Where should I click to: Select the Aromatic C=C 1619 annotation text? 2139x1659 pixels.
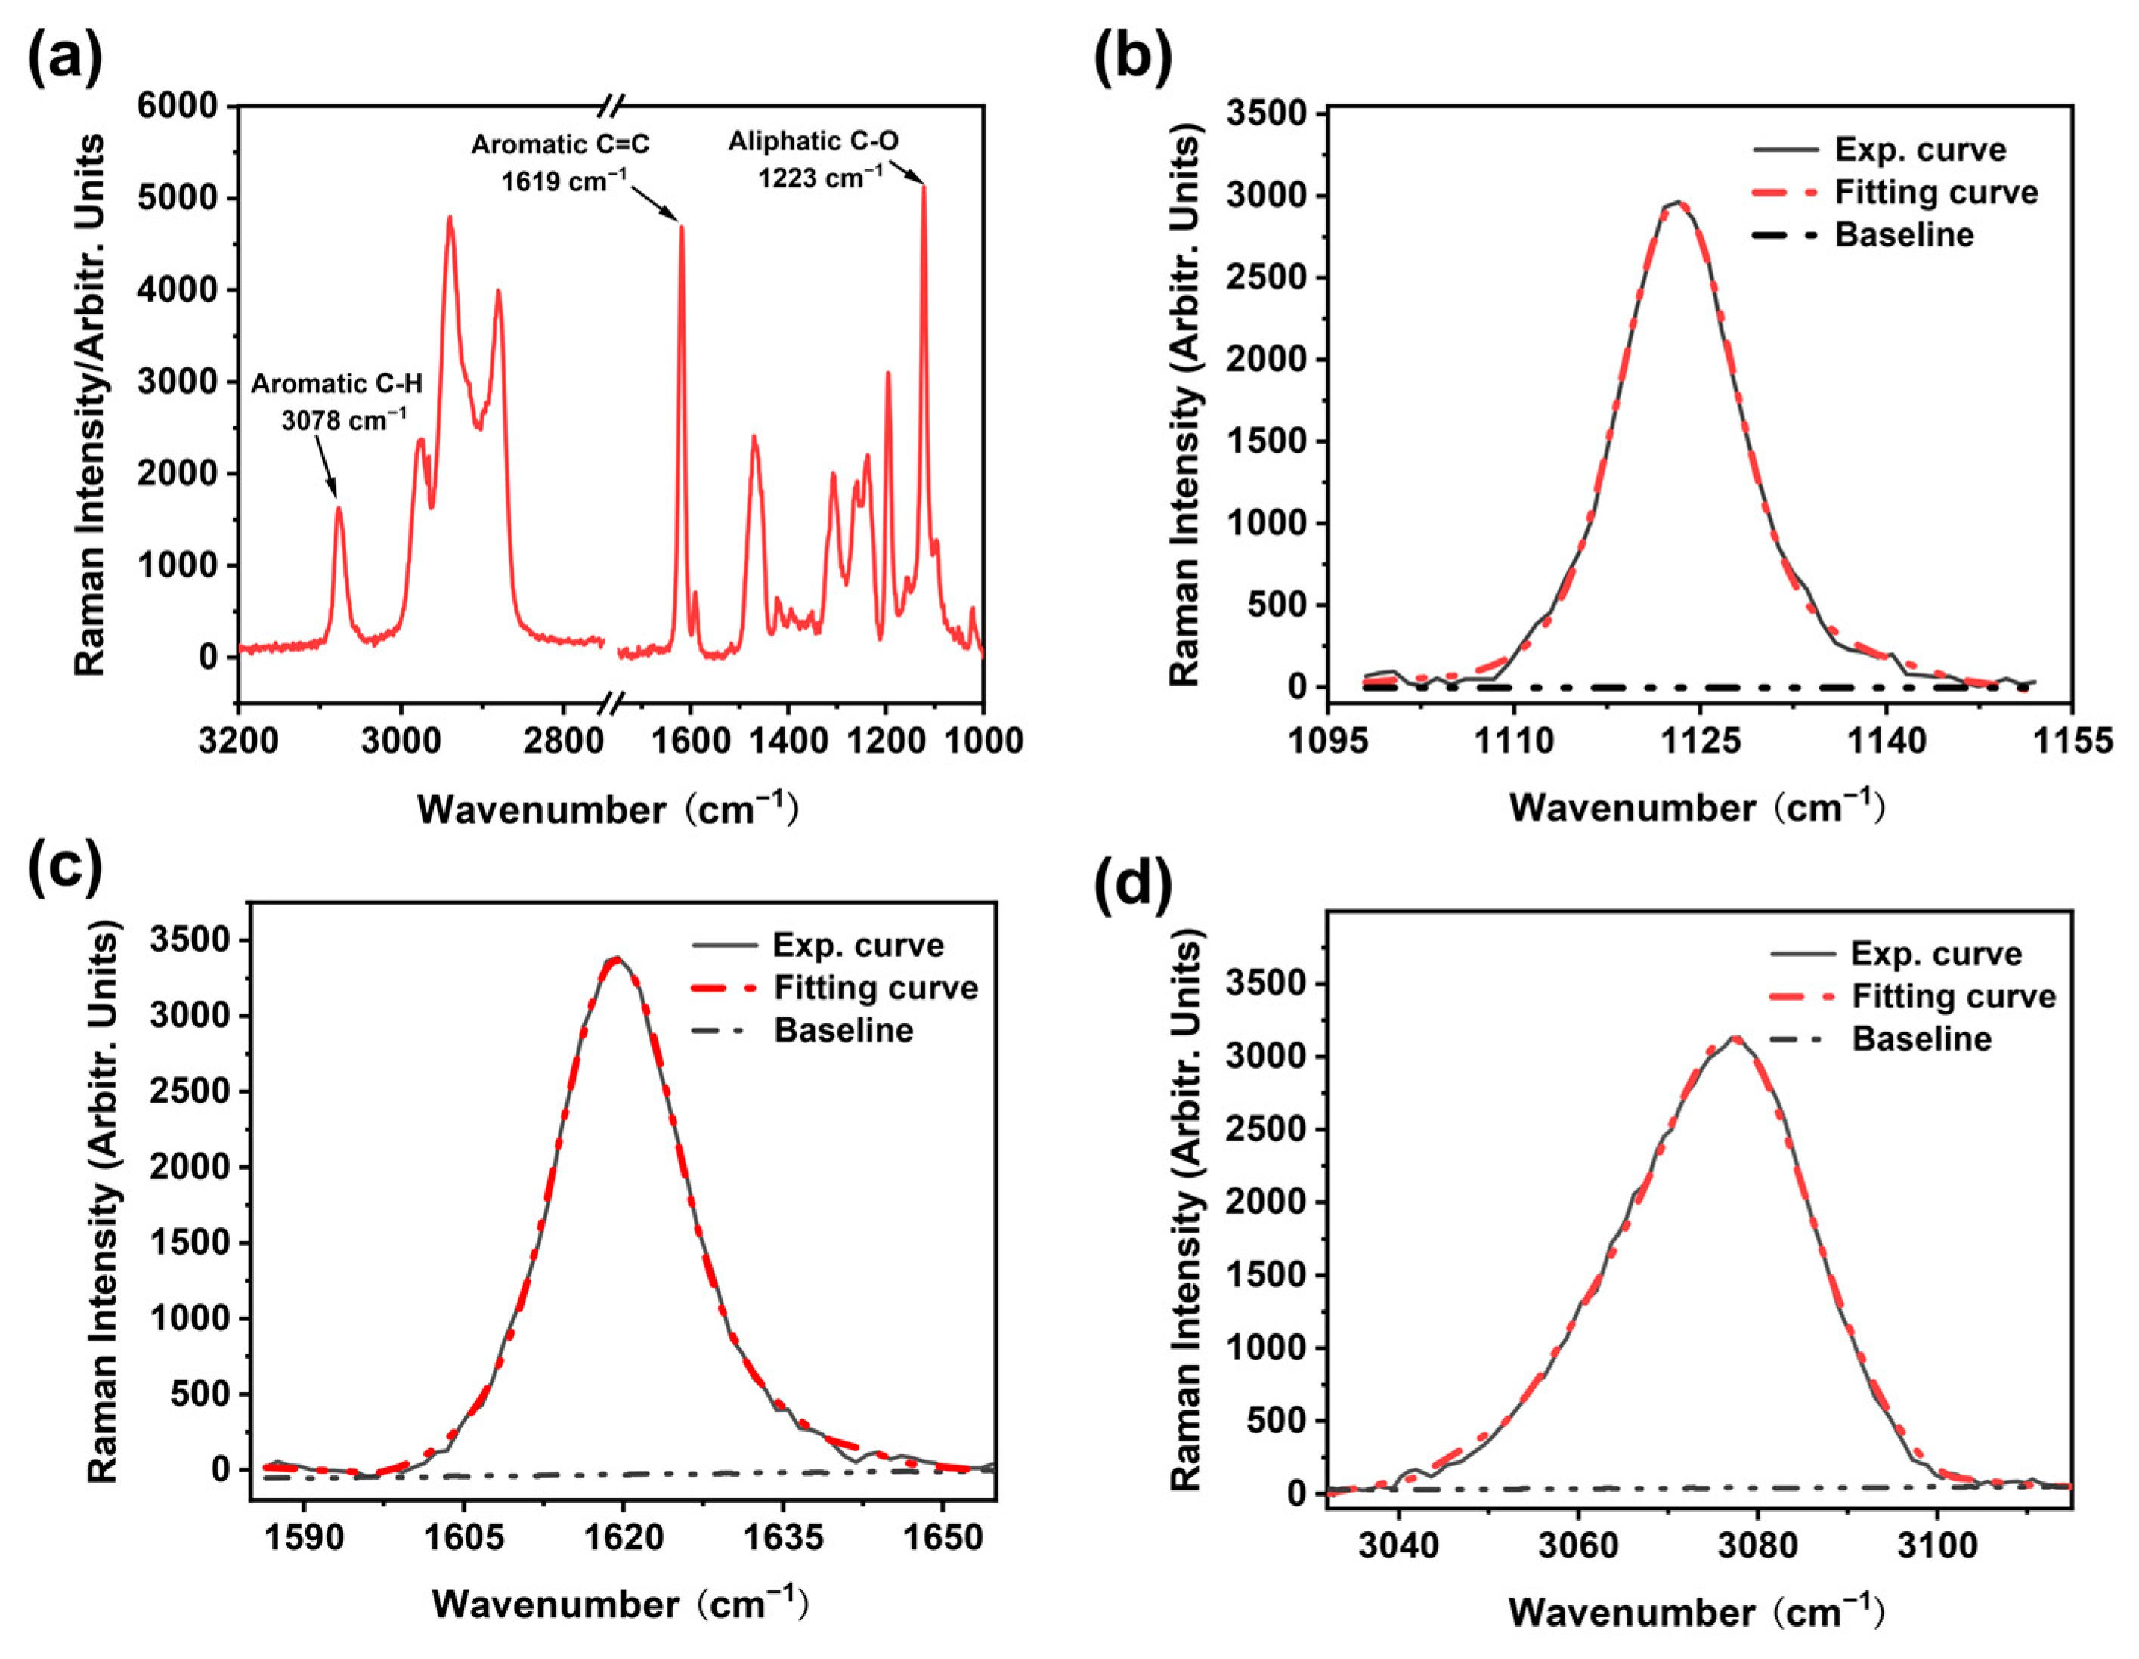point(560,162)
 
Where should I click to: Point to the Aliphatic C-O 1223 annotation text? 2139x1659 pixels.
point(813,159)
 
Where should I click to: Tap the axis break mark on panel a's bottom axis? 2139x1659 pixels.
point(612,702)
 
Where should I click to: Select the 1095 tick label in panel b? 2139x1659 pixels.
point(1327,741)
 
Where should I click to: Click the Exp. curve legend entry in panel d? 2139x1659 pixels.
point(1935,954)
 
